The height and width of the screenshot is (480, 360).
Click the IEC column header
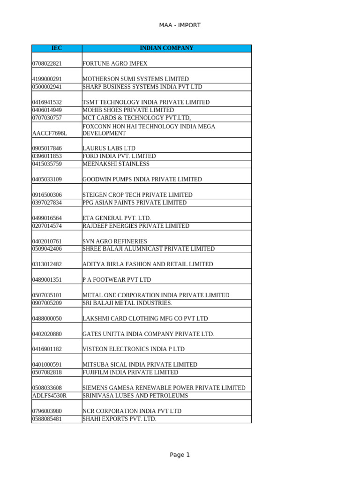coord(56,48)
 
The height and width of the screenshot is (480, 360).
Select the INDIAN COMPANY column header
coord(166,48)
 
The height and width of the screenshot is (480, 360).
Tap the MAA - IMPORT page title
coord(180,25)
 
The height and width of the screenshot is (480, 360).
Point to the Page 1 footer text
coord(180,455)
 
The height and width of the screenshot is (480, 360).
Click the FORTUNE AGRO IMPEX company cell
coord(115,63)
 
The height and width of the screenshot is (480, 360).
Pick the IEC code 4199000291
coord(47,79)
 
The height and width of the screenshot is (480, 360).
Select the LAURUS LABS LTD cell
coord(109,149)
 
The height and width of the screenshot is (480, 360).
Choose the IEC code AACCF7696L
coord(50,133)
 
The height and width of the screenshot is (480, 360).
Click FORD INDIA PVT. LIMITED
coord(119,156)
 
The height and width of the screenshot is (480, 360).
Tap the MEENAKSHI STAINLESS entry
coord(116,164)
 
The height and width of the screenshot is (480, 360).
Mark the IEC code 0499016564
coord(47,218)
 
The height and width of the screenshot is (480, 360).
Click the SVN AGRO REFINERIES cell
coord(114,241)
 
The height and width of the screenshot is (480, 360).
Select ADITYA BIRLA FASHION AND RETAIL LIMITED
coord(148,264)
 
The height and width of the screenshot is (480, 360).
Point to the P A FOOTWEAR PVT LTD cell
coord(117,280)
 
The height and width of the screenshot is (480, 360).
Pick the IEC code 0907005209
coord(47,303)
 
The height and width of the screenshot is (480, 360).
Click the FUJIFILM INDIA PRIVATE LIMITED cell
coord(130,372)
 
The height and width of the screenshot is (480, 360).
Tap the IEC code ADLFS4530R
coord(49,396)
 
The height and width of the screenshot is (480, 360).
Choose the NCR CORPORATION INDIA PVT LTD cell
coord(132,411)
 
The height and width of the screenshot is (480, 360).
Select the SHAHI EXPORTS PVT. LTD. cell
coord(119,419)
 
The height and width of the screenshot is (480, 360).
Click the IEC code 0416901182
coord(47,349)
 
